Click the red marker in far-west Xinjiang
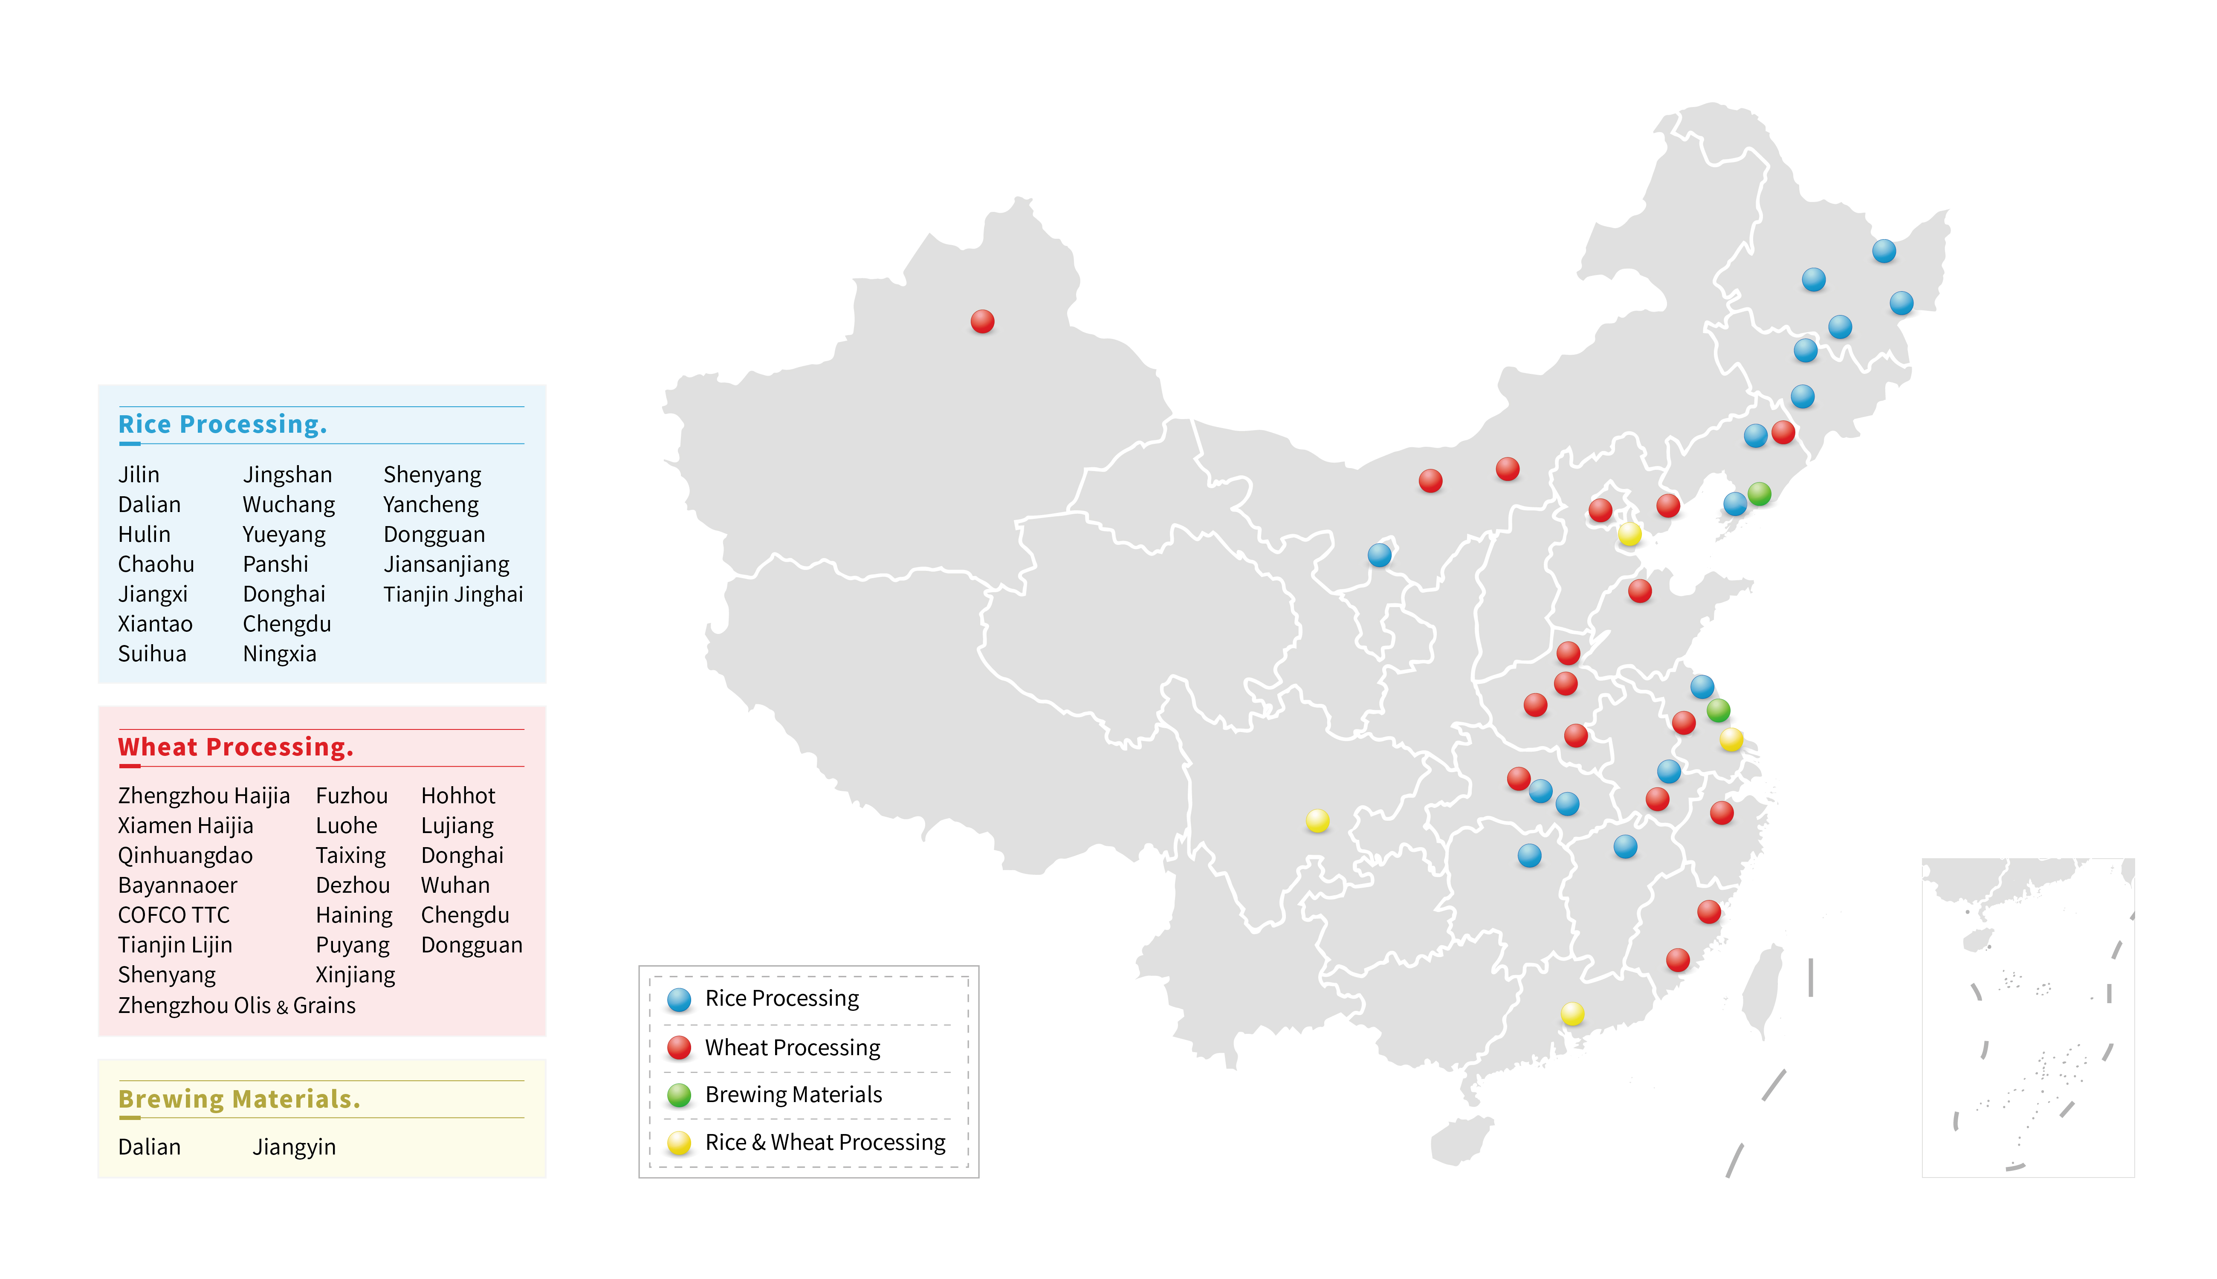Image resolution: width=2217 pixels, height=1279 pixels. [982, 321]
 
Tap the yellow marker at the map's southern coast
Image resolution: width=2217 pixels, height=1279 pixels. [1572, 1014]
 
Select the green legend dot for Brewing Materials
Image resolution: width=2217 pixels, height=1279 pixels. [679, 1094]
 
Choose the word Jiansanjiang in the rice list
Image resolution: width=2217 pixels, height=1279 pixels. [446, 564]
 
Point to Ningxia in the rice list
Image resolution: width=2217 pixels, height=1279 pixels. [279, 654]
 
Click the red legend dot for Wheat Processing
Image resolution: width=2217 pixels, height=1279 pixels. [679, 1047]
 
